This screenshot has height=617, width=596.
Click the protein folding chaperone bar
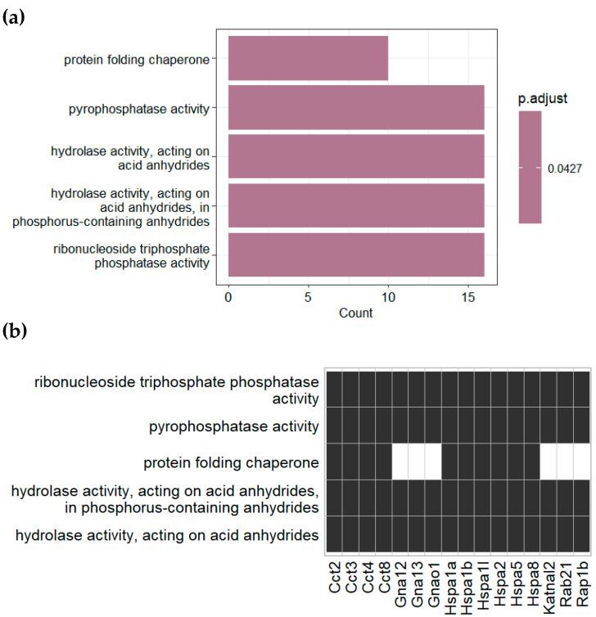(308, 58)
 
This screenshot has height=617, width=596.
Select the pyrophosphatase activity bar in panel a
(356, 107)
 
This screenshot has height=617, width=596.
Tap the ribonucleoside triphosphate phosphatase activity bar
(356, 255)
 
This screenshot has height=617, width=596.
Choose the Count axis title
(355, 313)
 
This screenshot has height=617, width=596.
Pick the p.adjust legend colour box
(530, 167)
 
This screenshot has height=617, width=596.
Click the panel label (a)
(15, 16)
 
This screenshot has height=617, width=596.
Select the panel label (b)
(15, 331)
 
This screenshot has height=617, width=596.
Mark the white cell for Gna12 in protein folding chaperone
(401, 462)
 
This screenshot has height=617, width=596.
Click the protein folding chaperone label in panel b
(231, 462)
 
